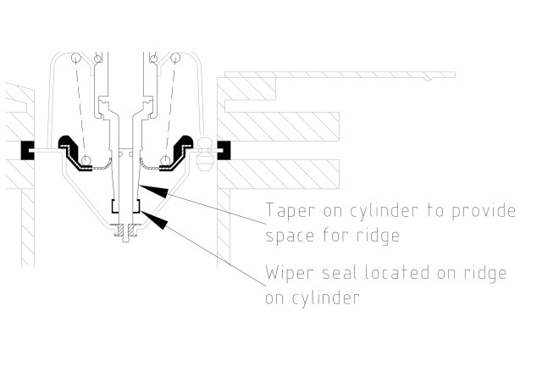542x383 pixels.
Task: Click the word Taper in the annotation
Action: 290,211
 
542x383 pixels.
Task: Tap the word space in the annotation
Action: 290,236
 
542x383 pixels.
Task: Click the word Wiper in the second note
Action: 290,274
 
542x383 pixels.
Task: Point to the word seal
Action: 339,273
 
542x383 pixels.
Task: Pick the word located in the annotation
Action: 397,273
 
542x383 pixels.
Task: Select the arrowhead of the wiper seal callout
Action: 154,219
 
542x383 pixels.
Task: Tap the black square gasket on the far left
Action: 27,151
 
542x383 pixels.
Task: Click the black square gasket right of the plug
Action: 224,151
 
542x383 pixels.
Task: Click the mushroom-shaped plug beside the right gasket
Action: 204,154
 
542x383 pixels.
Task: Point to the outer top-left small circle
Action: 76,58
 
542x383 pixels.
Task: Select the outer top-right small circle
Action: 175,58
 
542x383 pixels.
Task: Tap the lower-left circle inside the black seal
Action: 86,160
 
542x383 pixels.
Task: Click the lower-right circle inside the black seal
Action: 166,160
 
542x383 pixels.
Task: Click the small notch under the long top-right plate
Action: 429,80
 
